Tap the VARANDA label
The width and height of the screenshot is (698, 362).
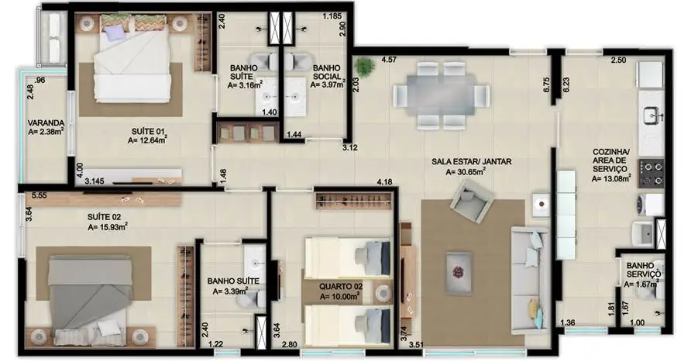coord(45,122)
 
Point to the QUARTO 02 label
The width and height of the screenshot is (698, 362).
coord(341,285)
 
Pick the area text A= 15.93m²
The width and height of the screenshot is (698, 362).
coord(108,226)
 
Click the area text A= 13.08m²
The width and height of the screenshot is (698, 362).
coord(611,179)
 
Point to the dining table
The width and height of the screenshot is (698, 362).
coord(441,92)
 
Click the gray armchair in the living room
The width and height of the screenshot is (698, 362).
coord(473,201)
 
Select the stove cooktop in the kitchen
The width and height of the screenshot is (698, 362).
coord(651,172)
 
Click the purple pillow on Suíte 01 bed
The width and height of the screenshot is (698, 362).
coord(115,33)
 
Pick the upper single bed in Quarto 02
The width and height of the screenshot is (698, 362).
coord(347,255)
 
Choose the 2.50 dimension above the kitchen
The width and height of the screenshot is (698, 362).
coord(617,60)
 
